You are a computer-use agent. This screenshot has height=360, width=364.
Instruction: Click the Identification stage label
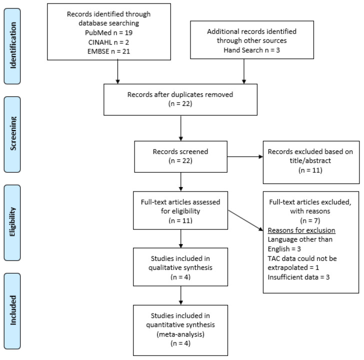12,46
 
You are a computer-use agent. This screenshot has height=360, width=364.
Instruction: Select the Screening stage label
12,134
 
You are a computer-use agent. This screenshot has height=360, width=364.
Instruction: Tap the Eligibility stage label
12,222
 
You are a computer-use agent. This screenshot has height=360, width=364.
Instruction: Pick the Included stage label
12,311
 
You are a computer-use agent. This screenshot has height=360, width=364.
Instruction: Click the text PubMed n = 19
108,32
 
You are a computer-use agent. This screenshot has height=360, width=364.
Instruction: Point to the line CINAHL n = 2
108,42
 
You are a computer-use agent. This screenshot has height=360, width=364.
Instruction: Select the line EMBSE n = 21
108,51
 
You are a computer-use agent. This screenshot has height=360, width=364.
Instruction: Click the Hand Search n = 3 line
251,50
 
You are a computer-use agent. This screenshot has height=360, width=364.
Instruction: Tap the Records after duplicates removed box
180,99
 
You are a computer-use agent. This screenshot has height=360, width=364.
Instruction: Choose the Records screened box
180,156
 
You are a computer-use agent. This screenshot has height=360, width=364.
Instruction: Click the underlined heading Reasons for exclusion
301,230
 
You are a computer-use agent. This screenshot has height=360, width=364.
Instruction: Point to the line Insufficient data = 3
298,277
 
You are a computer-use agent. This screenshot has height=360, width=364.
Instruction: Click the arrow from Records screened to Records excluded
245,156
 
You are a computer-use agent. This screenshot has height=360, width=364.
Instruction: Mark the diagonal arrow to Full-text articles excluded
245,220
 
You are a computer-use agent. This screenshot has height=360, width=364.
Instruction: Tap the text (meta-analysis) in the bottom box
180,334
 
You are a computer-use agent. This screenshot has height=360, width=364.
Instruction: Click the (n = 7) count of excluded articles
310,220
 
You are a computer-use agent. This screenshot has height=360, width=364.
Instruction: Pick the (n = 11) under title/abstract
310,170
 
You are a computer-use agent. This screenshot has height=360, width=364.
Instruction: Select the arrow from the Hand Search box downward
244,71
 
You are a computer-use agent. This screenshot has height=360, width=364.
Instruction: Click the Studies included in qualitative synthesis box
180,267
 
